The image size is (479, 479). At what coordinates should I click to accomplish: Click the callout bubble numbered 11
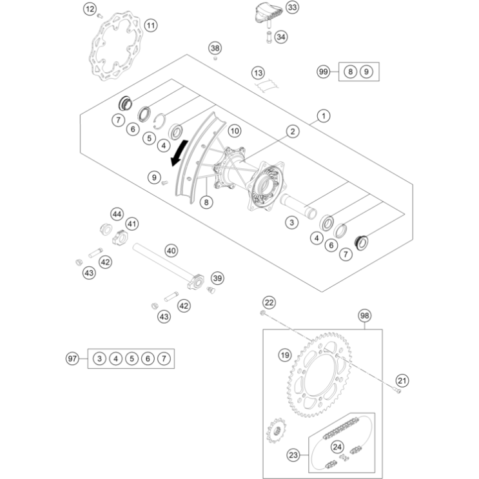tap(151, 26)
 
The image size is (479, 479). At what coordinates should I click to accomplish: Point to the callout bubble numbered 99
tap(324, 72)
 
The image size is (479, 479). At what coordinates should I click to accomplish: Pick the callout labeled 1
tap(323, 116)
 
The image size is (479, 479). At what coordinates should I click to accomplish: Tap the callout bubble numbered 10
tap(234, 131)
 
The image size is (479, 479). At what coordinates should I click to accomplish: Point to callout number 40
tap(171, 250)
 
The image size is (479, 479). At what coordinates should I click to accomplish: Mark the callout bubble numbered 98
tap(365, 315)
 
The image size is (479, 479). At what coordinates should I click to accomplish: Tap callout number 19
tap(285, 354)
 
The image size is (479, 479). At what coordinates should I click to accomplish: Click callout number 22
tap(269, 302)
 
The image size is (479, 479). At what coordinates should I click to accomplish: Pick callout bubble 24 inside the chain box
tap(337, 447)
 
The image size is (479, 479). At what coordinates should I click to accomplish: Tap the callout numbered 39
tap(217, 278)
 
